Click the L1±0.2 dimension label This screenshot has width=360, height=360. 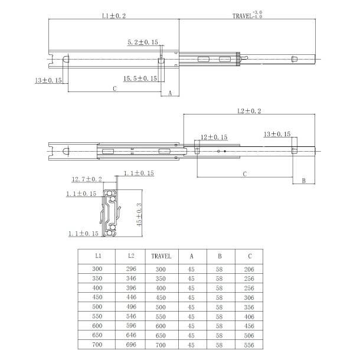(113, 18)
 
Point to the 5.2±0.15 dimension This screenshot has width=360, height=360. (143, 42)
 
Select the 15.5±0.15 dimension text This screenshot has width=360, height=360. (140, 78)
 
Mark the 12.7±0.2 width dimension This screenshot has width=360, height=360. (87, 179)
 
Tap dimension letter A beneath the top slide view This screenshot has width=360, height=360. (170, 93)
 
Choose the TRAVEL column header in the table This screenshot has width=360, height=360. (161, 257)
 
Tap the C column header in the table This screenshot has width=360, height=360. (250, 257)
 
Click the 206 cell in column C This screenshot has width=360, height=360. (250, 269)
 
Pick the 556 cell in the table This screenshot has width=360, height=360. (250, 344)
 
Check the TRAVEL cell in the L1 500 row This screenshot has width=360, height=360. (161, 306)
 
